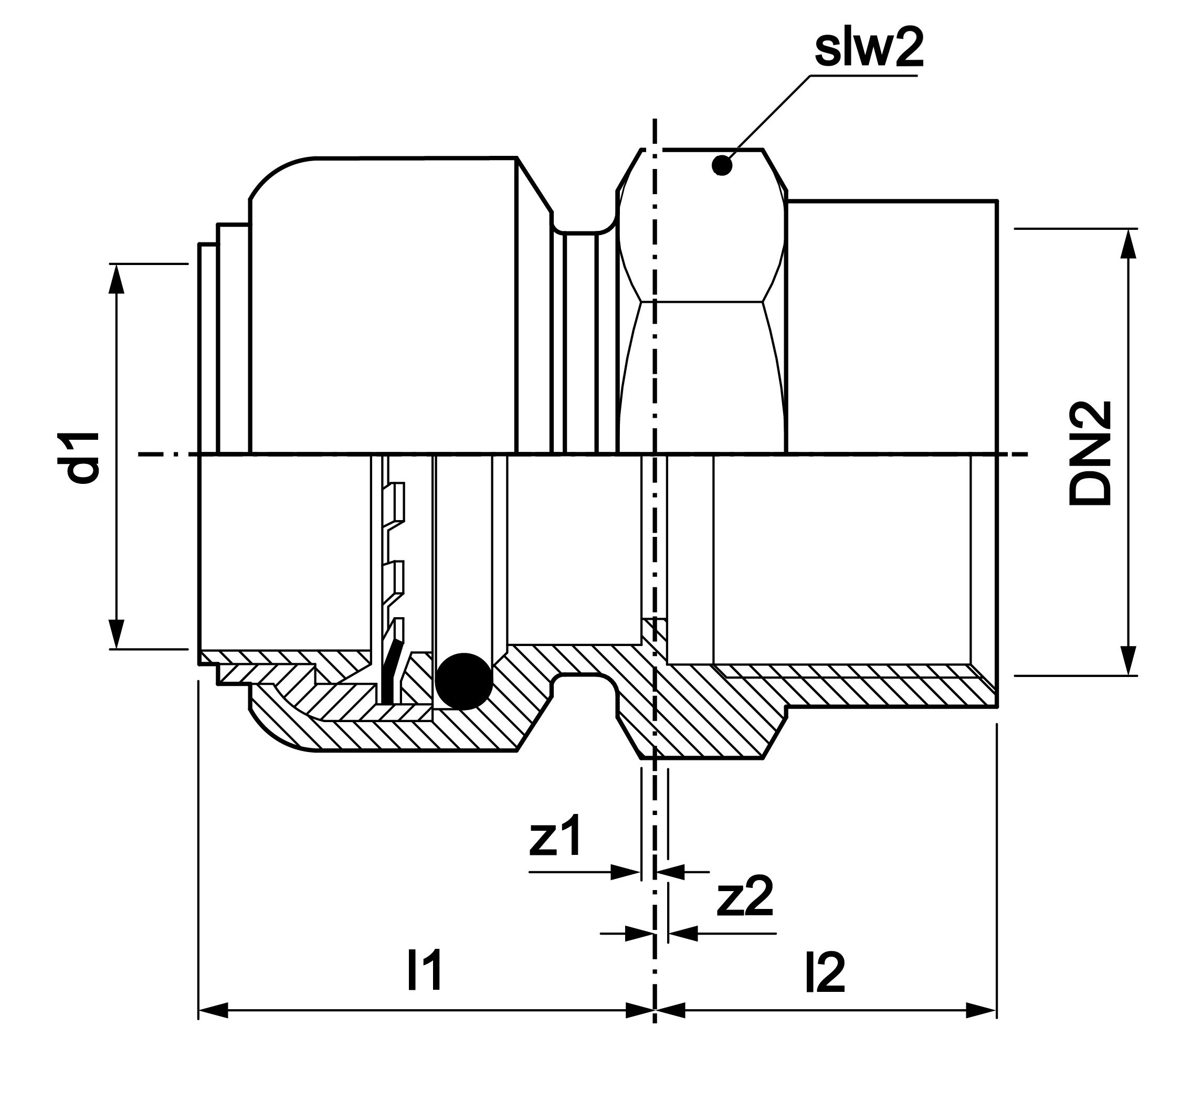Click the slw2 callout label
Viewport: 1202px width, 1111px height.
click(x=868, y=50)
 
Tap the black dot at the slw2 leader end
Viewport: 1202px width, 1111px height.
click(x=722, y=165)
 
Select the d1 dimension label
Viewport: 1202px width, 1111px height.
click(x=82, y=457)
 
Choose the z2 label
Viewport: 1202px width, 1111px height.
click(x=744, y=898)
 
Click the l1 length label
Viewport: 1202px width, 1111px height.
click(x=425, y=970)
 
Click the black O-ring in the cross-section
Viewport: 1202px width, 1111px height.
click(x=463, y=681)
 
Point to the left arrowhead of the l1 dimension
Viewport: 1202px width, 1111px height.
click(x=213, y=1010)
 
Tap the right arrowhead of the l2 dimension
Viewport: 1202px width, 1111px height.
click(x=982, y=1010)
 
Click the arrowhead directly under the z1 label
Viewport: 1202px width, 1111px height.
click(x=625, y=872)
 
